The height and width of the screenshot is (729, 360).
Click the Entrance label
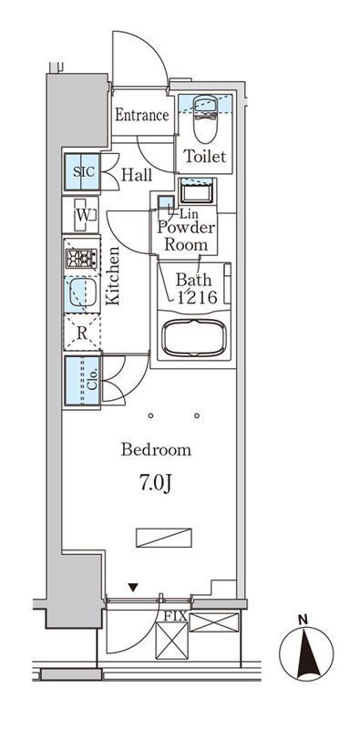[x=142, y=115]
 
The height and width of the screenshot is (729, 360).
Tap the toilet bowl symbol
[x=205, y=119]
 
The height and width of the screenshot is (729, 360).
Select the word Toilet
[x=205, y=156]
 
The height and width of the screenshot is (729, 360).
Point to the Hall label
[x=137, y=175]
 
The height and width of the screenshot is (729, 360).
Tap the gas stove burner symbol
[x=81, y=259]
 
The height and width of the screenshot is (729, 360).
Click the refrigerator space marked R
[x=82, y=332]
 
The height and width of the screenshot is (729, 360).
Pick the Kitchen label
[x=112, y=276]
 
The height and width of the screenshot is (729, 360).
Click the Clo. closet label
[x=92, y=379]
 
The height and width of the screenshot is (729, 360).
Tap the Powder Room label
[x=186, y=236]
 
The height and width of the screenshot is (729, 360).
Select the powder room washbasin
[x=197, y=191]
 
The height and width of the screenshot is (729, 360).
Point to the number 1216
[x=196, y=298]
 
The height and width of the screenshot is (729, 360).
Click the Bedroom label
[x=156, y=450]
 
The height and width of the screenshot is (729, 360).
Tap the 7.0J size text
[x=156, y=484]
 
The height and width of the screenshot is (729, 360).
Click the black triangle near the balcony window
[x=133, y=588]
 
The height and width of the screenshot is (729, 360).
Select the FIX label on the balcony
[x=175, y=617]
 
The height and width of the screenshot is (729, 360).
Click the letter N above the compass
[x=303, y=620]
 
